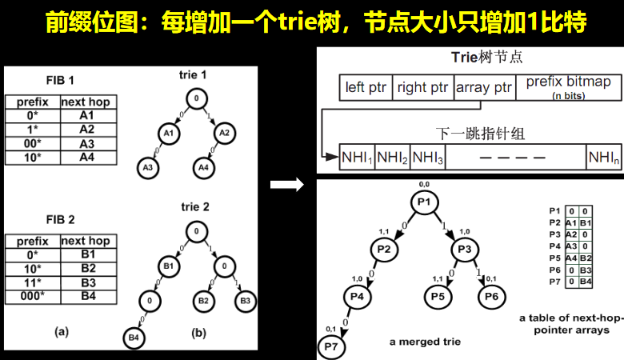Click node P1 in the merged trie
[x=424, y=202]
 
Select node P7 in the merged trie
[x=330, y=346]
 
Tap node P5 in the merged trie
[x=438, y=298]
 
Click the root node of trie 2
[x=195, y=233]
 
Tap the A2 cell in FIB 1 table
[x=86, y=128]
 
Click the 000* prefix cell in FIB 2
[x=32, y=296]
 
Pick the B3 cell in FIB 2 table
[x=86, y=283]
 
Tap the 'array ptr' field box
[x=484, y=87]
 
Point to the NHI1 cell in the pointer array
[x=358, y=158]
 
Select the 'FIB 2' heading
[x=59, y=218]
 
